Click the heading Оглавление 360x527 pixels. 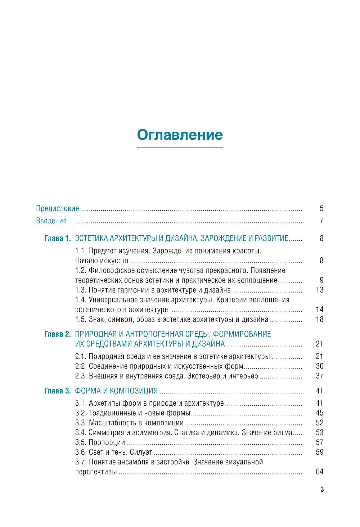(x=180, y=135)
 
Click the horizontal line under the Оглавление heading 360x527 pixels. (x=180, y=148)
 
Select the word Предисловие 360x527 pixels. (x=58, y=208)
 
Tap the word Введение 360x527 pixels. (x=51, y=221)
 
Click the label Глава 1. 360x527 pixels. (x=58, y=238)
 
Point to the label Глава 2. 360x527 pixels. (x=58, y=334)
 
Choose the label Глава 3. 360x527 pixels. (x=58, y=391)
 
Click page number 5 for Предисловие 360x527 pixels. (x=321, y=208)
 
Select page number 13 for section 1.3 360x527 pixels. (x=320, y=290)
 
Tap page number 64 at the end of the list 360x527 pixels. (x=320, y=472)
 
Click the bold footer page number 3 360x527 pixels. (x=322, y=489)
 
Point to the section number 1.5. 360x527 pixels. (x=81, y=319)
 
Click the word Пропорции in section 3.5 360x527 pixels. (x=107, y=442)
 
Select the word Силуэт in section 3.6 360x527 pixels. (x=141, y=452)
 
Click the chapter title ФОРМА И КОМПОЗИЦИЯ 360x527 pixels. (x=116, y=391)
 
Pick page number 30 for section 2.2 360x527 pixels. (x=320, y=366)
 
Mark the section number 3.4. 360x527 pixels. (x=81, y=433)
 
